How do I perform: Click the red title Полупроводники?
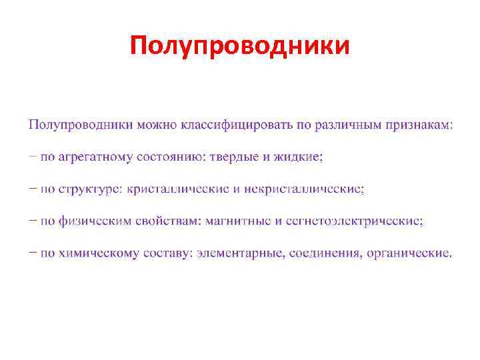[x=239, y=46]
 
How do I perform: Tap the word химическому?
[x=99, y=253]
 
